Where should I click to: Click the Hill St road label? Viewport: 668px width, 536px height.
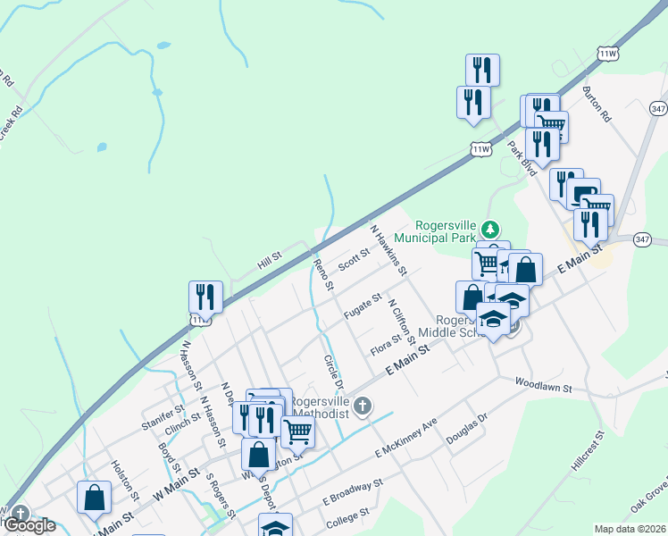tap(269, 260)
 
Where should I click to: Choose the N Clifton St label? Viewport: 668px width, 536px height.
tap(402, 321)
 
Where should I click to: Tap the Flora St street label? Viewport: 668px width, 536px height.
tap(385, 344)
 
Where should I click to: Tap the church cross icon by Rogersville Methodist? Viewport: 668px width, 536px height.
tap(362, 407)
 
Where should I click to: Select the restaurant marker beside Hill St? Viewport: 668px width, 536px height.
tap(205, 297)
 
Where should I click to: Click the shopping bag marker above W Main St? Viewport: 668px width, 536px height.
tap(94, 497)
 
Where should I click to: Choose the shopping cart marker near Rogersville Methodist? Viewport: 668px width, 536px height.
tap(297, 431)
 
